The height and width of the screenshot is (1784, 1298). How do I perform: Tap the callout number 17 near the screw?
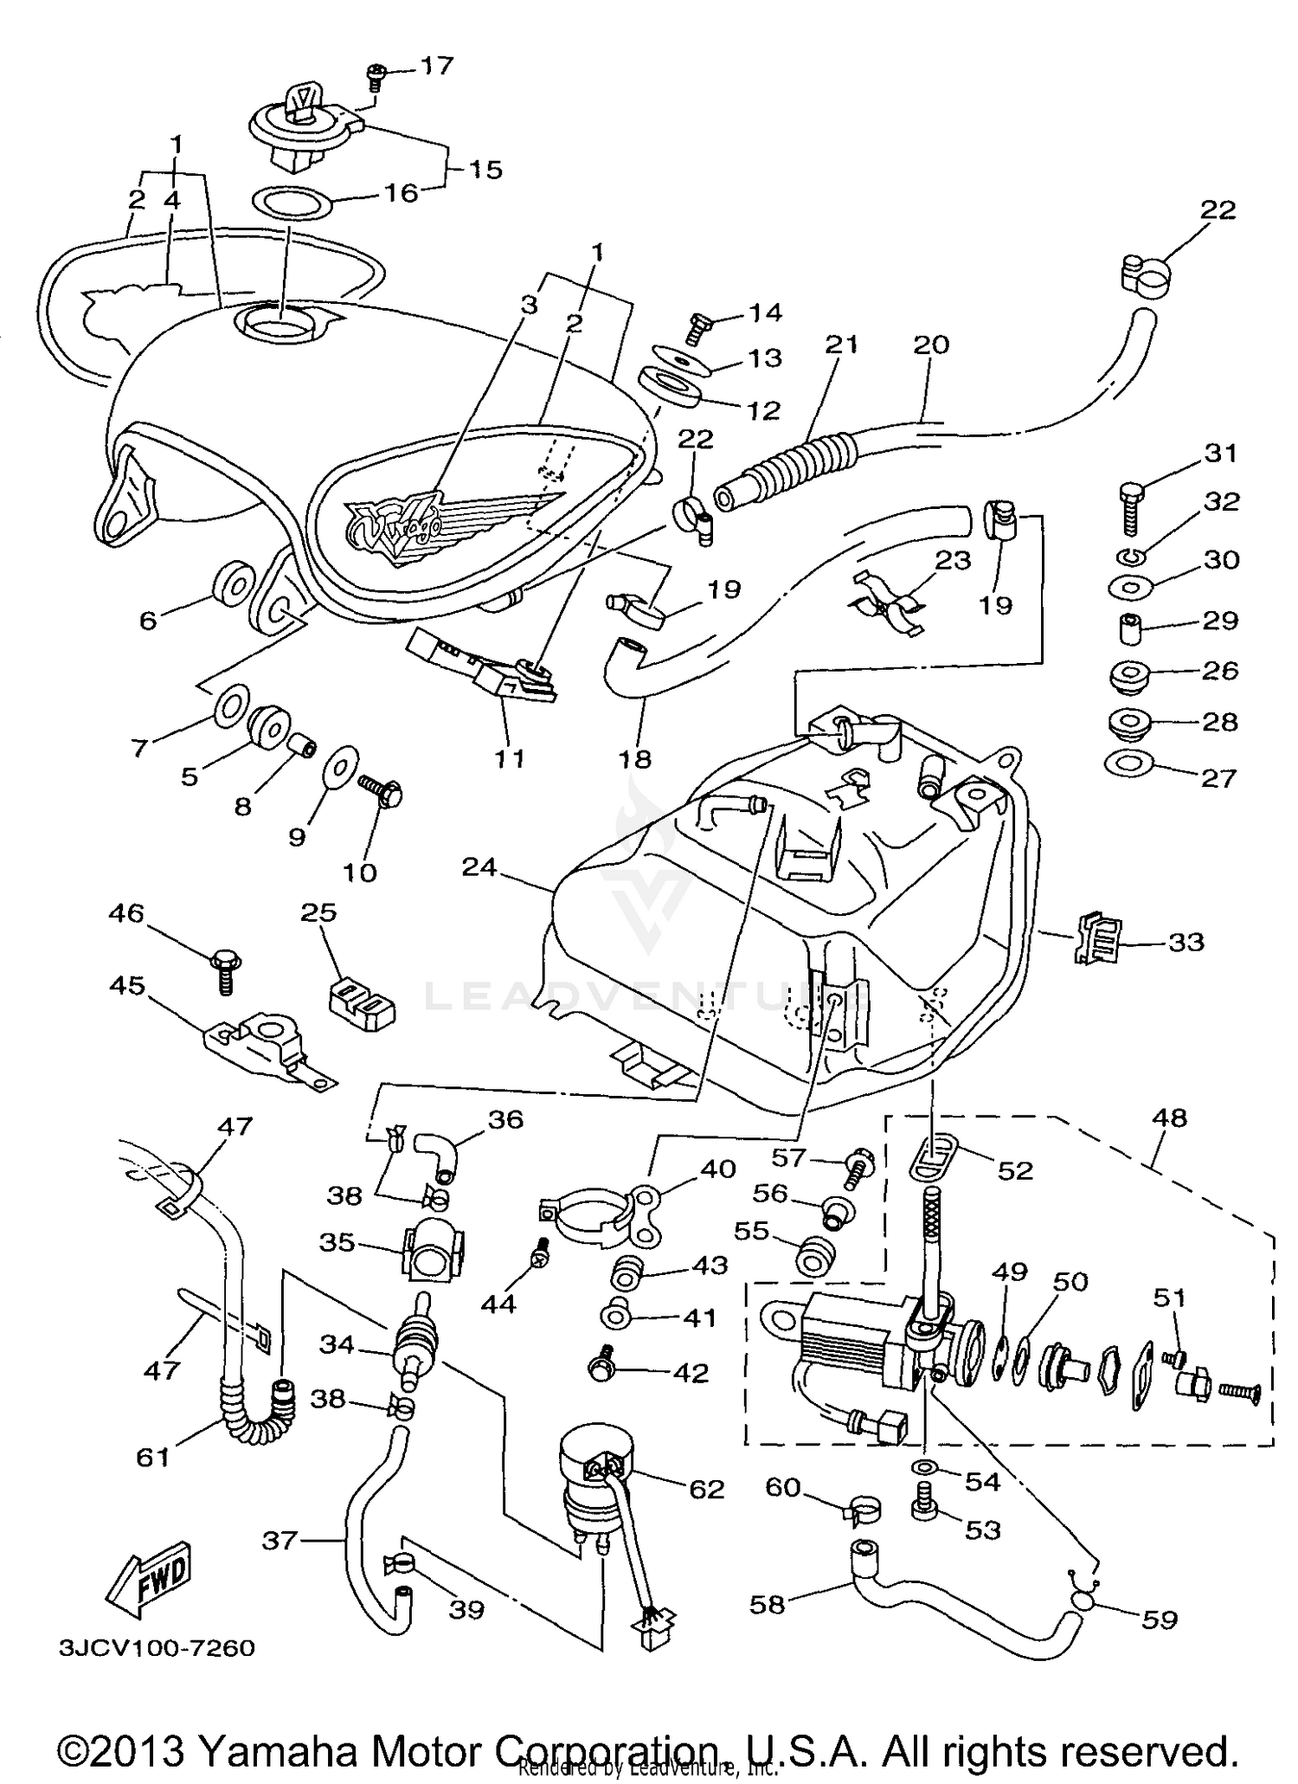point(437,66)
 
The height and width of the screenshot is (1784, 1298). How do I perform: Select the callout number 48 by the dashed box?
point(1169,1117)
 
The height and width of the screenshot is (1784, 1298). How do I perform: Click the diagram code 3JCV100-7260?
point(157,1647)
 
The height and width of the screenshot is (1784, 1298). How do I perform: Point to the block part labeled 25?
point(362,1004)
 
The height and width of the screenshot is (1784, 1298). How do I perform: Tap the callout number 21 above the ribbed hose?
point(840,345)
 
